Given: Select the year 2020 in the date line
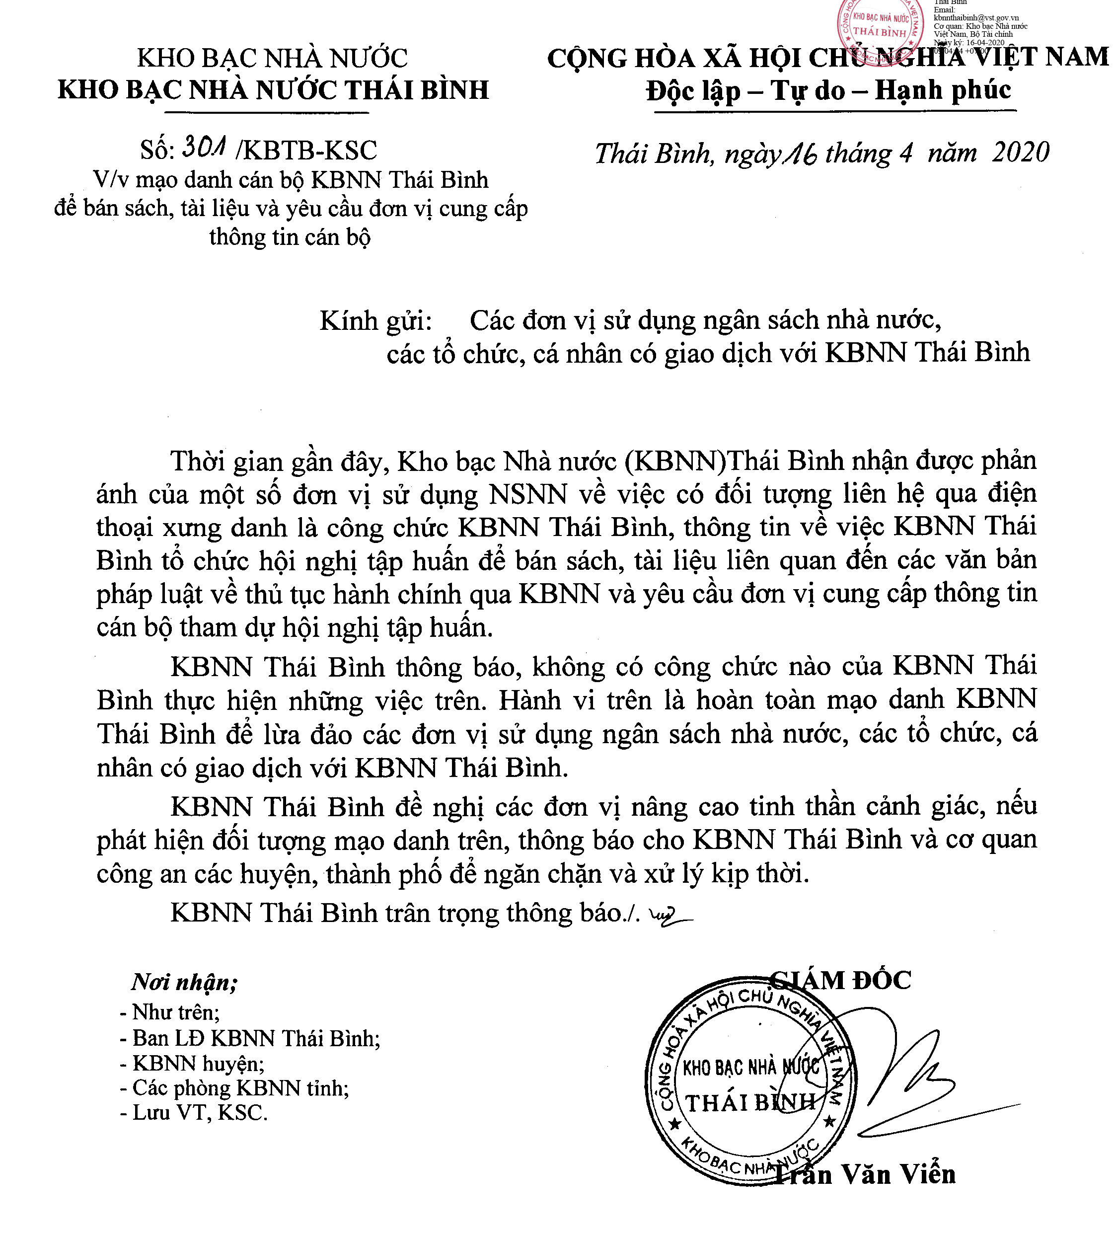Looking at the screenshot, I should (x=1021, y=153).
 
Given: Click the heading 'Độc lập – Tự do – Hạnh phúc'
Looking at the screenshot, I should (x=828, y=90).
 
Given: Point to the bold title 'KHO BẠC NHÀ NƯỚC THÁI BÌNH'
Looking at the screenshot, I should (x=273, y=90).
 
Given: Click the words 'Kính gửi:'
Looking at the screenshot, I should (x=375, y=320).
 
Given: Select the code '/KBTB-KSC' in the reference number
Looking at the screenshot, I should (x=310, y=151).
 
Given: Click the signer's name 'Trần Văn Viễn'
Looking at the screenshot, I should (x=864, y=1174).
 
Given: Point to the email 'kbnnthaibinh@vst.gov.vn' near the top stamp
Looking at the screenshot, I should (x=976, y=18).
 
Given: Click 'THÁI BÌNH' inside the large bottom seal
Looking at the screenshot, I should (x=750, y=1103).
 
